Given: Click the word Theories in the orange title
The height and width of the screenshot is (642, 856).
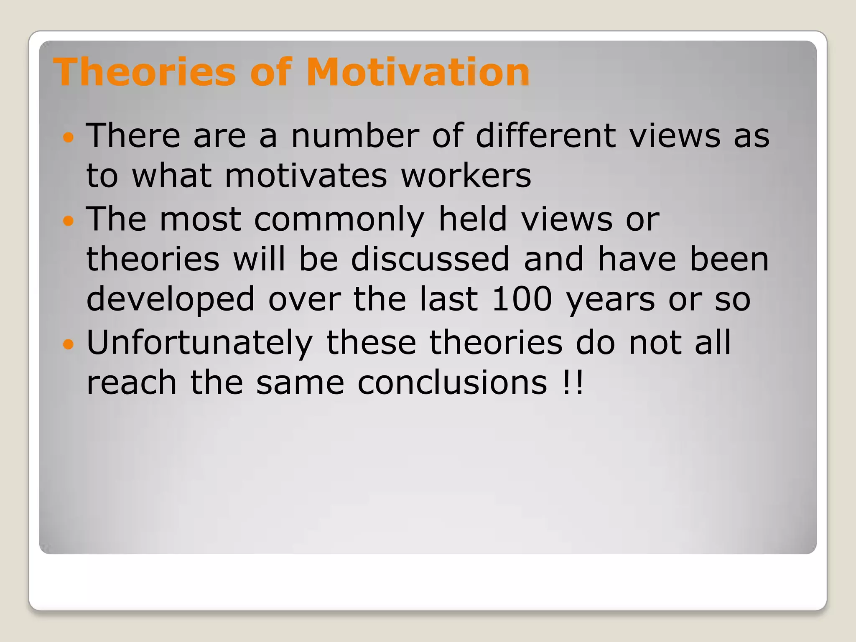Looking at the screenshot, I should pyautogui.click(x=144, y=72).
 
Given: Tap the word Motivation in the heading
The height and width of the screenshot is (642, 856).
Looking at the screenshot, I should pyautogui.click(x=418, y=72).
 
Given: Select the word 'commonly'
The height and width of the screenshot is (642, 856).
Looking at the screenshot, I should pyautogui.click(x=339, y=219).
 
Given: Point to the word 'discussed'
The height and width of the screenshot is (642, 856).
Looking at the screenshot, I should pyautogui.click(x=430, y=259).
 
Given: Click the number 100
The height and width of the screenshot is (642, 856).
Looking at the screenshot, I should pyautogui.click(x=522, y=299).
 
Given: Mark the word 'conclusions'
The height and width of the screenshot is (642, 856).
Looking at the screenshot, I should pyautogui.click(x=452, y=382).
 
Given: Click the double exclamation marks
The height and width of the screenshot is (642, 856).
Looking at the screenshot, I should pyautogui.click(x=573, y=382).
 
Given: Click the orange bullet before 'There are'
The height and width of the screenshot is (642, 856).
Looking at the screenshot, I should pyautogui.click(x=68, y=137).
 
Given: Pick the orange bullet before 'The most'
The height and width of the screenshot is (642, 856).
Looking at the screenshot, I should pyautogui.click(x=68, y=220).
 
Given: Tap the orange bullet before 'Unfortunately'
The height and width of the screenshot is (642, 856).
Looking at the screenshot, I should pyautogui.click(x=68, y=344).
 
